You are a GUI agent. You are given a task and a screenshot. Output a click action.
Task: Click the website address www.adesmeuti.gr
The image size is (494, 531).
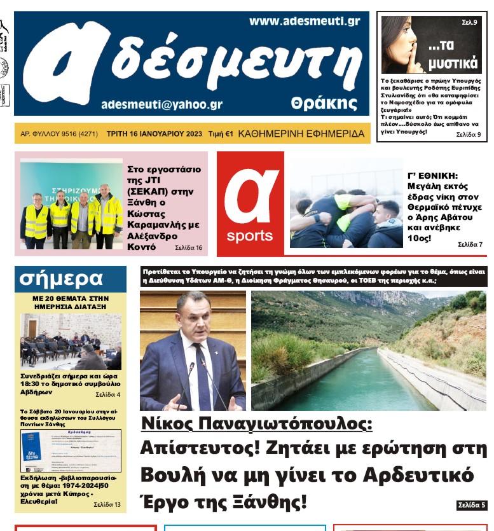click(x=304, y=22)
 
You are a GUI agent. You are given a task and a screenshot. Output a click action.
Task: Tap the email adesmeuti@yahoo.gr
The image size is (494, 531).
click(x=161, y=104)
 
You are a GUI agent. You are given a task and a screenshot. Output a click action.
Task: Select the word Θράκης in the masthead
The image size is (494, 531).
click(x=324, y=103)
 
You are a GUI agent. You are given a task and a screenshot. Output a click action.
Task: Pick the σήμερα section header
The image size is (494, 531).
click(x=61, y=279)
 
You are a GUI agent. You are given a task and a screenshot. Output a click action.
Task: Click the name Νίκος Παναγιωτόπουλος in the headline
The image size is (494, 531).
click(x=256, y=423)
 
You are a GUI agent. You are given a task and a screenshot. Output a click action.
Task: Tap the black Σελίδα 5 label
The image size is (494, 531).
click(x=471, y=506)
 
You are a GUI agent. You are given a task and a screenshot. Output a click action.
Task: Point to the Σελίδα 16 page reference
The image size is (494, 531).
click(x=188, y=247)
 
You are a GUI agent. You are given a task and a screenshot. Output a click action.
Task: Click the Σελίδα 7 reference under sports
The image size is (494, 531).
click(x=470, y=244)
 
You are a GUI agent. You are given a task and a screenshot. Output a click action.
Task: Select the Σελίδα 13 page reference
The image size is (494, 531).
click(x=107, y=504)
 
